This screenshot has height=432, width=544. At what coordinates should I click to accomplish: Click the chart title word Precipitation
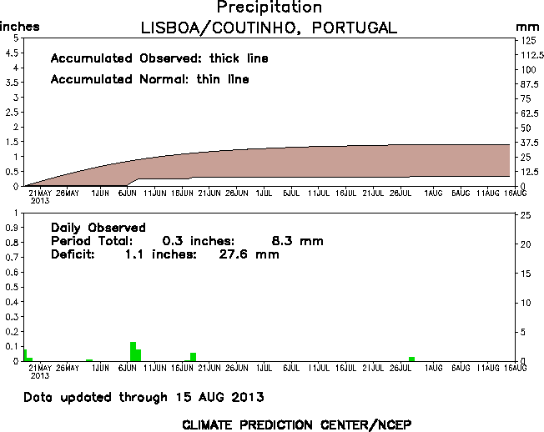(x=269, y=8)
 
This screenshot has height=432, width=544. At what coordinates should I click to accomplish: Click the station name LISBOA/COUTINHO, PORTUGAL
(x=269, y=28)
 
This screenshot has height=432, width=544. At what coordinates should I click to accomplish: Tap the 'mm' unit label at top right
(x=525, y=28)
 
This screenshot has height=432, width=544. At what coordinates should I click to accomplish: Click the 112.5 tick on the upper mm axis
(x=527, y=54)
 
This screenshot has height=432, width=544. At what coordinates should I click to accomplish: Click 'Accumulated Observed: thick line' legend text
(x=159, y=58)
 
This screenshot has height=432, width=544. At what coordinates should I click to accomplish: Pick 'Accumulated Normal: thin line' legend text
(x=149, y=79)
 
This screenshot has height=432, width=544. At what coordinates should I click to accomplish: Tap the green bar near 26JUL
(x=411, y=359)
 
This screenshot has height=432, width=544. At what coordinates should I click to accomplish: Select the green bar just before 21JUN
(x=193, y=357)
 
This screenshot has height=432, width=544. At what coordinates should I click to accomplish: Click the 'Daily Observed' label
(x=98, y=227)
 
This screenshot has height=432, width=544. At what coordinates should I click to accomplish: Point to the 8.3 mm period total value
(x=297, y=241)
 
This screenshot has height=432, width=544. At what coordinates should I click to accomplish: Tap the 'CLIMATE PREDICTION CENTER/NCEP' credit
(x=296, y=424)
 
